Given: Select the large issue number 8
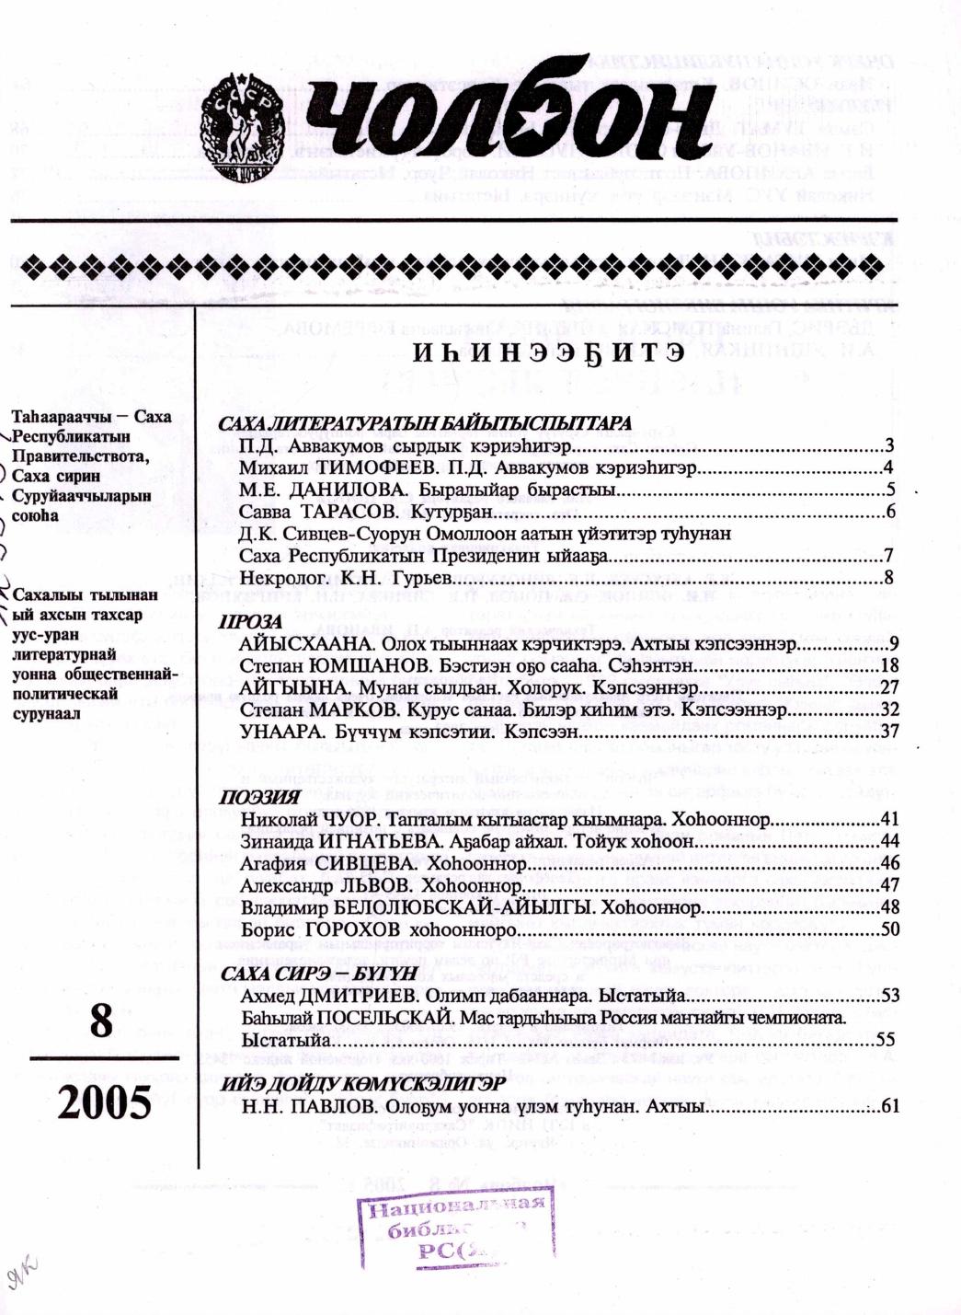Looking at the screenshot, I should pyautogui.click(x=101, y=1021).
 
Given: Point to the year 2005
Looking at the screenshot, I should pyautogui.click(x=104, y=1102).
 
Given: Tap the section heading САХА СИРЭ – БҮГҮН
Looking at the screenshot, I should pyautogui.click(x=319, y=974).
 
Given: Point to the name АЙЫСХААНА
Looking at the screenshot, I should pyautogui.click(x=306, y=644).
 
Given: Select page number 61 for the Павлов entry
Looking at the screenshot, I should pyautogui.click(x=888, y=1107).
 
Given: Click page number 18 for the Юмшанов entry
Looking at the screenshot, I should pyautogui.click(x=888, y=666).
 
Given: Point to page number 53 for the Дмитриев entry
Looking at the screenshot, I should pyautogui.click(x=888, y=996).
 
